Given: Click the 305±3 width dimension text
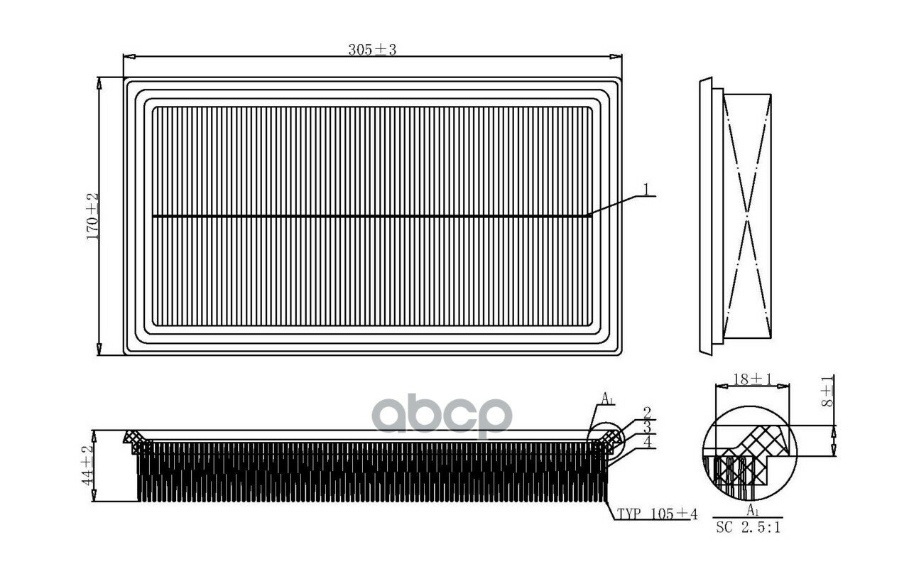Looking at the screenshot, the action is click(x=372, y=50).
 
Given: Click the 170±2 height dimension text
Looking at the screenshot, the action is click(x=92, y=217).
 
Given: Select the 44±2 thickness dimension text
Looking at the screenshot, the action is click(x=87, y=465).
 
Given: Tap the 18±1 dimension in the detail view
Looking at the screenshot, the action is click(x=752, y=379).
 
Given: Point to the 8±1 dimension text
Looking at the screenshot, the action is click(x=827, y=391).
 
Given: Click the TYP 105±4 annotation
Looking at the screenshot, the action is click(x=657, y=514).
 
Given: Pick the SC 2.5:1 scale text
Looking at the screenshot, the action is click(x=748, y=528).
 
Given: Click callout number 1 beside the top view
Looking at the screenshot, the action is click(x=646, y=189).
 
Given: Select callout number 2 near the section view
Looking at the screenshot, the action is click(x=647, y=413).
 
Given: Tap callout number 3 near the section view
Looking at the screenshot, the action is click(x=647, y=428).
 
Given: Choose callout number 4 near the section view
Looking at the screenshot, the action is click(x=648, y=442).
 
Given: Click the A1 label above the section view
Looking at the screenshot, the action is click(x=607, y=399).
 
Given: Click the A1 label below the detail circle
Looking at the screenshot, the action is click(x=753, y=509).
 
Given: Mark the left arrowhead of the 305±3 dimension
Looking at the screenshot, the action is click(x=129, y=56).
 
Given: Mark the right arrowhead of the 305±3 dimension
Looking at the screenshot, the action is click(x=616, y=56).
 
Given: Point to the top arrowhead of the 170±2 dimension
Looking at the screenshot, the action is click(x=99, y=83).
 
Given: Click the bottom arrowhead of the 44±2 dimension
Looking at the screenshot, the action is click(x=94, y=495).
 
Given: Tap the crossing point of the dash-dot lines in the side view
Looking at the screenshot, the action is click(x=747, y=217).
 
